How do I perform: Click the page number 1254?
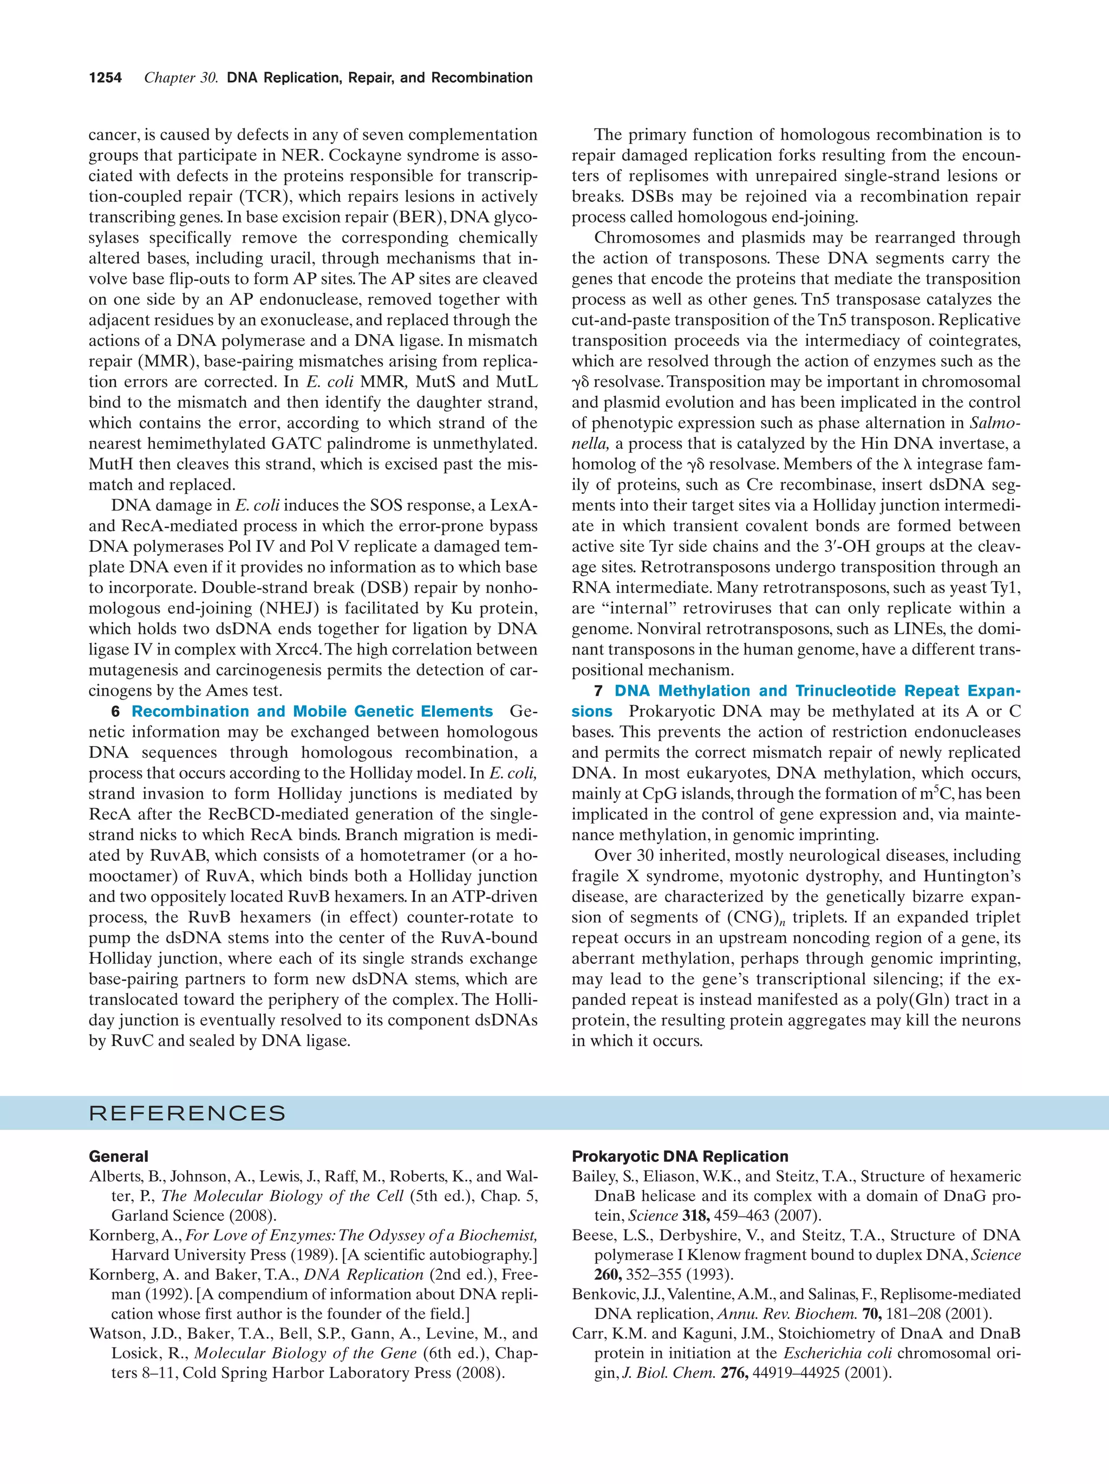(x=106, y=78)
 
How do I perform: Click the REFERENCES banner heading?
(x=187, y=1114)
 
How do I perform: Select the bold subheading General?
(x=118, y=1156)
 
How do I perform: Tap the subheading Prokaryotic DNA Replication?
(x=680, y=1156)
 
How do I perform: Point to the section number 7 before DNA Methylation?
(x=598, y=691)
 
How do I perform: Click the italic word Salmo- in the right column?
(x=995, y=423)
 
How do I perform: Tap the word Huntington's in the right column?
(x=971, y=876)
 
